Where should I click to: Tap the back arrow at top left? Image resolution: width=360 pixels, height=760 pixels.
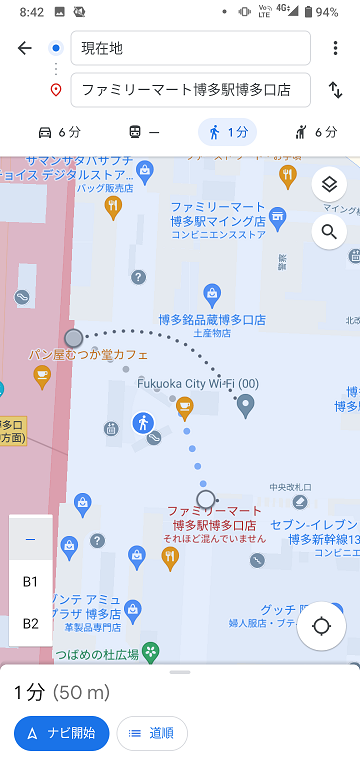click(x=25, y=48)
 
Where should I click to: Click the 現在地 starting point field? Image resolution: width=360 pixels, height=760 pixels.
click(x=190, y=48)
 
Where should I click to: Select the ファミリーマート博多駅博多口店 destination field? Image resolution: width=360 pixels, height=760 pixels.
click(x=190, y=90)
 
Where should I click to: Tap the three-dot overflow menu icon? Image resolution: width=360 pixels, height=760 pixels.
click(x=335, y=48)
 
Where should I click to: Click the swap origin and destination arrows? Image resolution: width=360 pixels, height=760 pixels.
click(x=335, y=90)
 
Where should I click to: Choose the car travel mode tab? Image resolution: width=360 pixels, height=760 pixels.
click(x=59, y=132)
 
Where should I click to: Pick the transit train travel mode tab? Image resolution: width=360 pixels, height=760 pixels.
click(x=143, y=132)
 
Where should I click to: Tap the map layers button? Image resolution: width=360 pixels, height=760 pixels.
click(x=327, y=185)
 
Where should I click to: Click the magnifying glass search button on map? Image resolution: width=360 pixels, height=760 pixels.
click(x=327, y=233)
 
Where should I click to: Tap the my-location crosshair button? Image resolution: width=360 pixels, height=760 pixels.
click(x=321, y=627)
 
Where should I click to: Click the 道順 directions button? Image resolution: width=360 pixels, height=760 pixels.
click(x=152, y=733)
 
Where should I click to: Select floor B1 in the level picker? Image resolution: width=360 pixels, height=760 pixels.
click(x=30, y=581)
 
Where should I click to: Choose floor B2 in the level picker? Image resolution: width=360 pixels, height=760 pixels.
click(x=30, y=623)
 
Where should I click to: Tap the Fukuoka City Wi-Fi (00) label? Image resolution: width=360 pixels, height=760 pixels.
click(x=197, y=383)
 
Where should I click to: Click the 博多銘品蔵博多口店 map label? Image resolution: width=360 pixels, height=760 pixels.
click(x=212, y=320)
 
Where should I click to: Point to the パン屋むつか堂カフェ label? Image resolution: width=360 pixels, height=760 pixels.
click(x=88, y=355)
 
